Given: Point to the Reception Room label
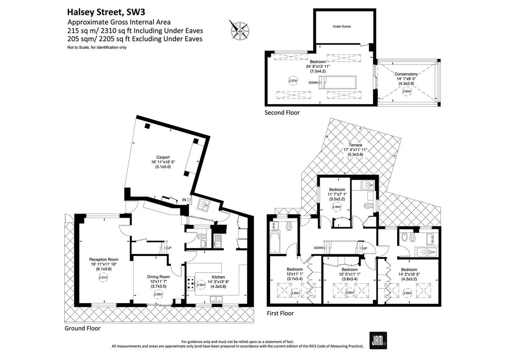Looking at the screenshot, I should click(x=103, y=259).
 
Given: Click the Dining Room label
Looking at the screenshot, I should click(x=159, y=276).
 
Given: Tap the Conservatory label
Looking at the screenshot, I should click(x=406, y=74).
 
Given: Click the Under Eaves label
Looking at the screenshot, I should click(x=341, y=26).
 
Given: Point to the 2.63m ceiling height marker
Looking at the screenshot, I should click(x=406, y=91).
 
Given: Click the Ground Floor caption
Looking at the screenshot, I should click(x=82, y=328).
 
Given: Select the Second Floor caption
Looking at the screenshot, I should click(x=282, y=112).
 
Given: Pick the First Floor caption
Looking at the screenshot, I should click(x=280, y=313).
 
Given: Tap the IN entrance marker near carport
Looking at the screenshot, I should click(x=184, y=199).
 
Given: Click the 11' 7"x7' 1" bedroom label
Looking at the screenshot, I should click(x=337, y=194).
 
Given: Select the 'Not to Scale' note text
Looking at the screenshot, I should click(x=97, y=48).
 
